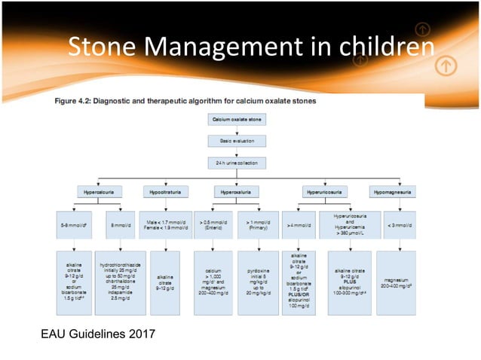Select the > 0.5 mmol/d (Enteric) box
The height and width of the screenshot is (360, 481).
point(213,224)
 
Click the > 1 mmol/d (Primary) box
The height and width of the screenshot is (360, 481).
point(258,224)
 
